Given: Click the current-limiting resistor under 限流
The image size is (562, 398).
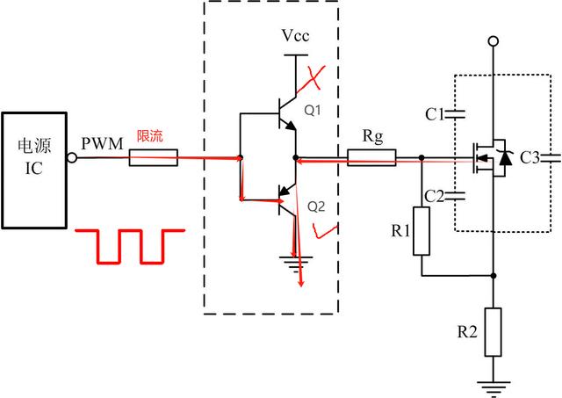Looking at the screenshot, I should click(x=154, y=159).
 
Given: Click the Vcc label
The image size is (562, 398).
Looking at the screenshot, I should click(x=294, y=36).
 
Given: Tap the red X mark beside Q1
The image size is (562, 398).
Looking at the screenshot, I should click(x=311, y=82).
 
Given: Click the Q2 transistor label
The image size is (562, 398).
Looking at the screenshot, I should click(x=316, y=207).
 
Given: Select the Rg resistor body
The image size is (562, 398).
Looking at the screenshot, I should click(x=371, y=159).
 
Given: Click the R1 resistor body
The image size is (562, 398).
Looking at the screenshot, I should click(x=422, y=231).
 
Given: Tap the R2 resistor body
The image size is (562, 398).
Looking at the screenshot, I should click(x=494, y=331).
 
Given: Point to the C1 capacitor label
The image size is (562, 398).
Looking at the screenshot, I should click(x=434, y=113).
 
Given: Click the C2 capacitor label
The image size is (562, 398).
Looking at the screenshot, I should click(x=434, y=195).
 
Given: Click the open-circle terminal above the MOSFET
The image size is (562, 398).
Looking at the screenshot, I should click(x=494, y=40).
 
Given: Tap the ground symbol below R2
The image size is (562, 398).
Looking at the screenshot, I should click(x=494, y=383).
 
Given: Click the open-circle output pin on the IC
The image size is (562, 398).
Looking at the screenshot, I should click(x=73, y=159).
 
